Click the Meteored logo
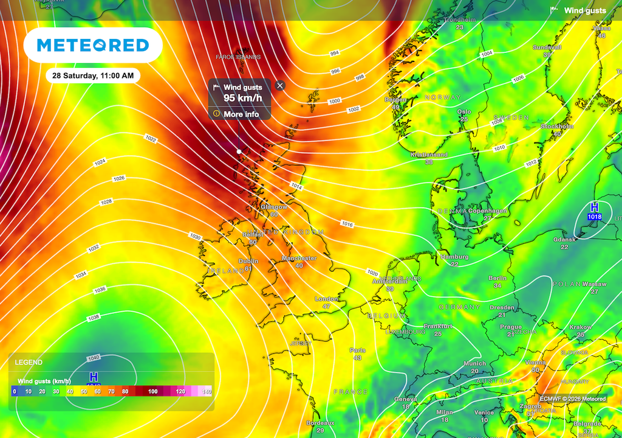coord(93,45)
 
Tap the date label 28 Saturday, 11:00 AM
coord(93,76)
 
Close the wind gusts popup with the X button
coord(280,86)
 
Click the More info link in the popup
coord(241,114)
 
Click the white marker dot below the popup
coord(239,151)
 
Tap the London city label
coord(326,299)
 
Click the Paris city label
coord(358,350)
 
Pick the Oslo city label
coord(464,112)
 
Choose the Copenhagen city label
coord(487,211)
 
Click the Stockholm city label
coord(557,127)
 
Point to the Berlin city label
coord(497,279)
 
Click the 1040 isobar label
coord(94,357)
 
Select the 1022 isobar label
coord(151,140)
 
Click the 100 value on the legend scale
coord(153,392)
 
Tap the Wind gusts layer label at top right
coord(584,10)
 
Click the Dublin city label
coord(248,261)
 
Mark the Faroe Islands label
coord(238,57)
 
